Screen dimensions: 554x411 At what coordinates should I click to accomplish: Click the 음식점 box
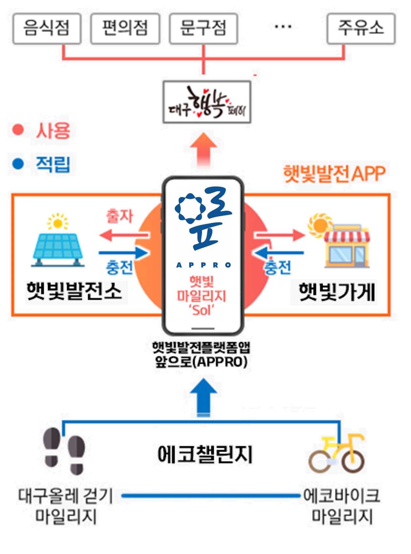(47, 28)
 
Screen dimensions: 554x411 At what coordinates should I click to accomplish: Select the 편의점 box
(125, 28)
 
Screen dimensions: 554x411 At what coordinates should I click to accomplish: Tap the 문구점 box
(203, 28)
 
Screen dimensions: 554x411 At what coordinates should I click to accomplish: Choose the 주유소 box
(361, 28)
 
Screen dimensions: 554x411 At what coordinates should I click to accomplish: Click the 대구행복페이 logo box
(207, 102)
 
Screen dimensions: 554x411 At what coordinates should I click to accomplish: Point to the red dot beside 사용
(18, 130)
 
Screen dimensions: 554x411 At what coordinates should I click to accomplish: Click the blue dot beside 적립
(18, 164)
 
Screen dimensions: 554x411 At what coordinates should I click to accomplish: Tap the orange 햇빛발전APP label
(334, 173)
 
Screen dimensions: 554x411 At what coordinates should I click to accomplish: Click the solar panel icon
(58, 242)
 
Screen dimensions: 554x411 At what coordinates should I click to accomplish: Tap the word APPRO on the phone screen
(204, 265)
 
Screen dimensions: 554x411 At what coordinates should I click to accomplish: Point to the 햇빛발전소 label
(74, 291)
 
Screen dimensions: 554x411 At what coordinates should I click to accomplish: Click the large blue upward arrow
(204, 397)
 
